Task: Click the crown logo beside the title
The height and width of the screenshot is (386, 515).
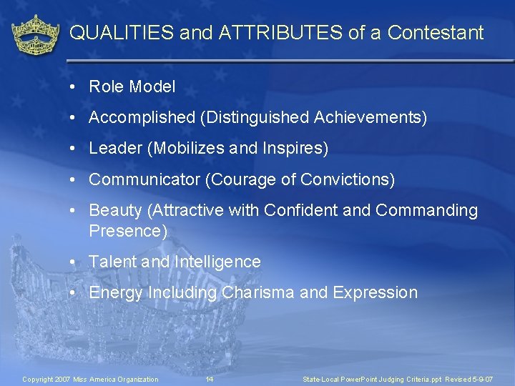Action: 35,34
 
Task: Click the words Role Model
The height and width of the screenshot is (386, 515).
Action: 132,87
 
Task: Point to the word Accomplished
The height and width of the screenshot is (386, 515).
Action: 142,118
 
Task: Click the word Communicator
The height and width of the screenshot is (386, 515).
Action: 144,179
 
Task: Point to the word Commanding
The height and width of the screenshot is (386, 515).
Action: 426,211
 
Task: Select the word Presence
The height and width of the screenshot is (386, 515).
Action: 126,231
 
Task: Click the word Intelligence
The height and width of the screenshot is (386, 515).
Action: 217,262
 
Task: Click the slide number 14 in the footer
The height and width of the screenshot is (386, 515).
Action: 209,379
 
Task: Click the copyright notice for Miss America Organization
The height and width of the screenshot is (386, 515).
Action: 90,379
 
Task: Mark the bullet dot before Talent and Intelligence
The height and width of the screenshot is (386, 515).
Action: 74,262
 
